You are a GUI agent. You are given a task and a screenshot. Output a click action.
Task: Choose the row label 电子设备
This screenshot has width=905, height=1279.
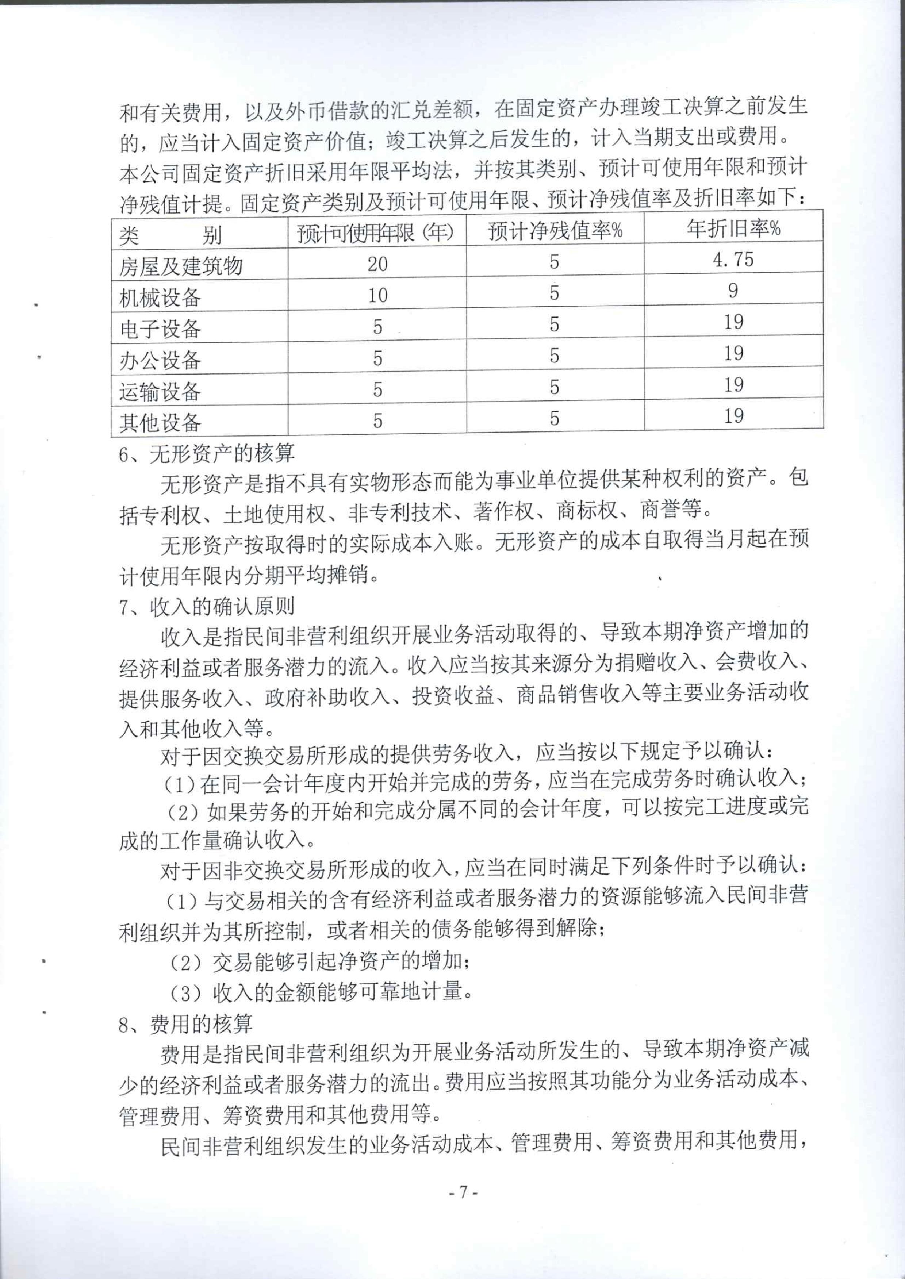[160, 329]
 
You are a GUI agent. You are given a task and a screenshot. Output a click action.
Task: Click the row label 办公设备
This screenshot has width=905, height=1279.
[160, 360]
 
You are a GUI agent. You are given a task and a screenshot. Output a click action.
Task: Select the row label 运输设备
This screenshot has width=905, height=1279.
[160, 392]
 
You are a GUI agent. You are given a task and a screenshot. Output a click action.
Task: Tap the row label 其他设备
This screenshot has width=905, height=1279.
[160, 423]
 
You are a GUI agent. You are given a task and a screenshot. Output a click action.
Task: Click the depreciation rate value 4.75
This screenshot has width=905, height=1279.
[733, 259]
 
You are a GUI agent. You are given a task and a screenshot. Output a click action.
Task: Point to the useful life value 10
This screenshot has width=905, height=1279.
[377, 295]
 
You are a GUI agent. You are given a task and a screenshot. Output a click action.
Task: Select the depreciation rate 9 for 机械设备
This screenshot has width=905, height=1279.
[733, 290]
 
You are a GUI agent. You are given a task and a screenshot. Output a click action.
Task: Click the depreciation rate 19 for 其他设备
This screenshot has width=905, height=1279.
[733, 415]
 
